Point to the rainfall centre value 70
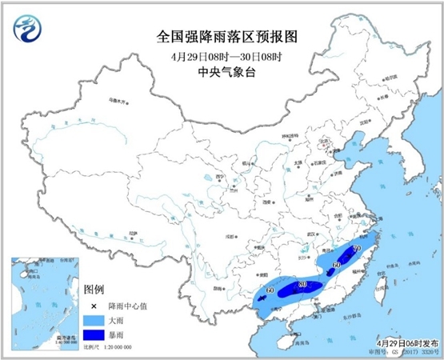(355, 251)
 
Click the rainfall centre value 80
(302, 284)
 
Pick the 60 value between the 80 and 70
(336, 265)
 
